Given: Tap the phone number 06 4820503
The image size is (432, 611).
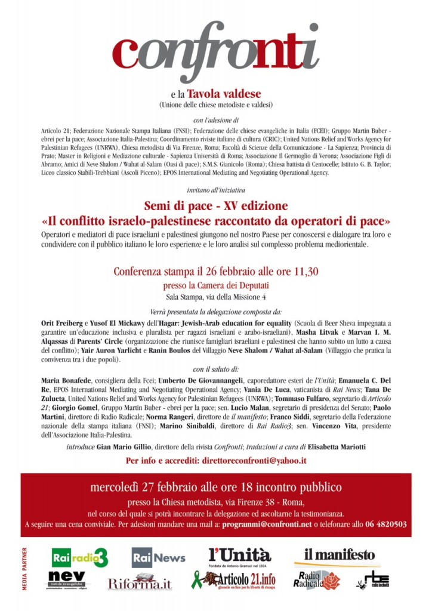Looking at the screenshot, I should pos(387,524).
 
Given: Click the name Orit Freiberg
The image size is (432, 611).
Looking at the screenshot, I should pos(60,322).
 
